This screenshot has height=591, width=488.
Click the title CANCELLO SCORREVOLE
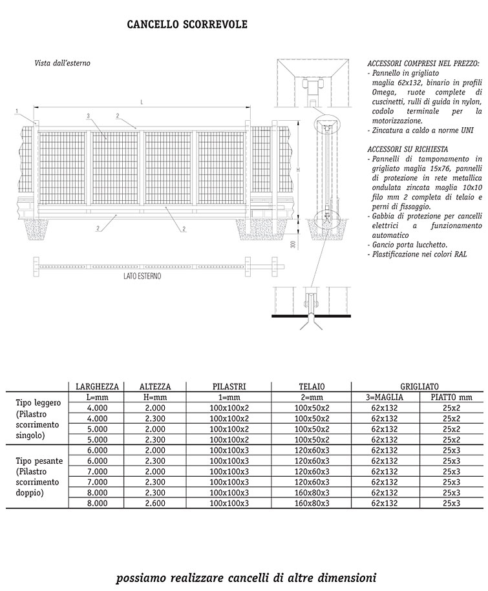pos(187,25)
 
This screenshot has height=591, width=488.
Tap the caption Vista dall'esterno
pos(62,63)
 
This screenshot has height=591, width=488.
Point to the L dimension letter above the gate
pos(141,103)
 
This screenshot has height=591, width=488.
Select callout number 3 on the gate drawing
pos(87,116)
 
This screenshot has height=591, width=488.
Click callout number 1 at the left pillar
pos(17,112)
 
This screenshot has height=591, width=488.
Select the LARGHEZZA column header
pos(97,386)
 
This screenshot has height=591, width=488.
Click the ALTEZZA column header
pos(155,386)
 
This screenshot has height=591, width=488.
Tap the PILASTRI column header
pos(229,386)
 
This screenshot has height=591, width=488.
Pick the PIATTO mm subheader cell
pos(451,397)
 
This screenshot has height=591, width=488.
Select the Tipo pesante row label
pos(38,461)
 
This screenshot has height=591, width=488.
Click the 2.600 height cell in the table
pos(155,503)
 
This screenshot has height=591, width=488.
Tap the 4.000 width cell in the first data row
pos(97,408)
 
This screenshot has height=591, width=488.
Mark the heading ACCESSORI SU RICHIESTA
pos(407,149)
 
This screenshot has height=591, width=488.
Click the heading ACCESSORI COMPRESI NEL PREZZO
pos(423,65)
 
